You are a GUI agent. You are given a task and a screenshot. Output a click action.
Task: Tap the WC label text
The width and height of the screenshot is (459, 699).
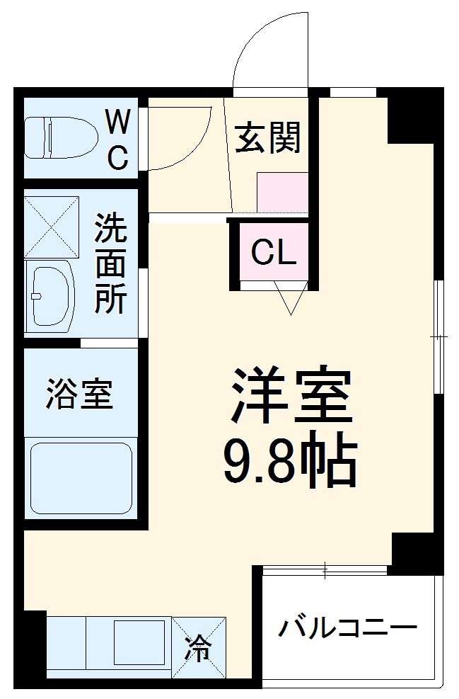point(117,140)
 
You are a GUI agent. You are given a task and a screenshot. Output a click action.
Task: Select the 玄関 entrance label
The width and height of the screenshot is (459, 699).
point(268,137)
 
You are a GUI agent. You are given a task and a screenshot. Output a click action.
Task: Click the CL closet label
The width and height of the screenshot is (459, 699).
point(274,252)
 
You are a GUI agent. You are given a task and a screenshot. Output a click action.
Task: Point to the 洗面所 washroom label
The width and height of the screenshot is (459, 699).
point(111,264)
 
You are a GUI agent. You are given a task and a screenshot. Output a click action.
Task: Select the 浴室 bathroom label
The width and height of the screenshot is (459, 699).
point(80,394)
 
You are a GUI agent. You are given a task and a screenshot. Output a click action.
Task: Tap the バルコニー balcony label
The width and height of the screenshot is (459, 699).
point(347,627)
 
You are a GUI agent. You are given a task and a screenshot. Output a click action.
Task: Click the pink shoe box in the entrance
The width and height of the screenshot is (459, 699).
point(282,191)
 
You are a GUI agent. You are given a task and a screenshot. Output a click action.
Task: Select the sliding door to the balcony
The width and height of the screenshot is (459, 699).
point(324,568)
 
